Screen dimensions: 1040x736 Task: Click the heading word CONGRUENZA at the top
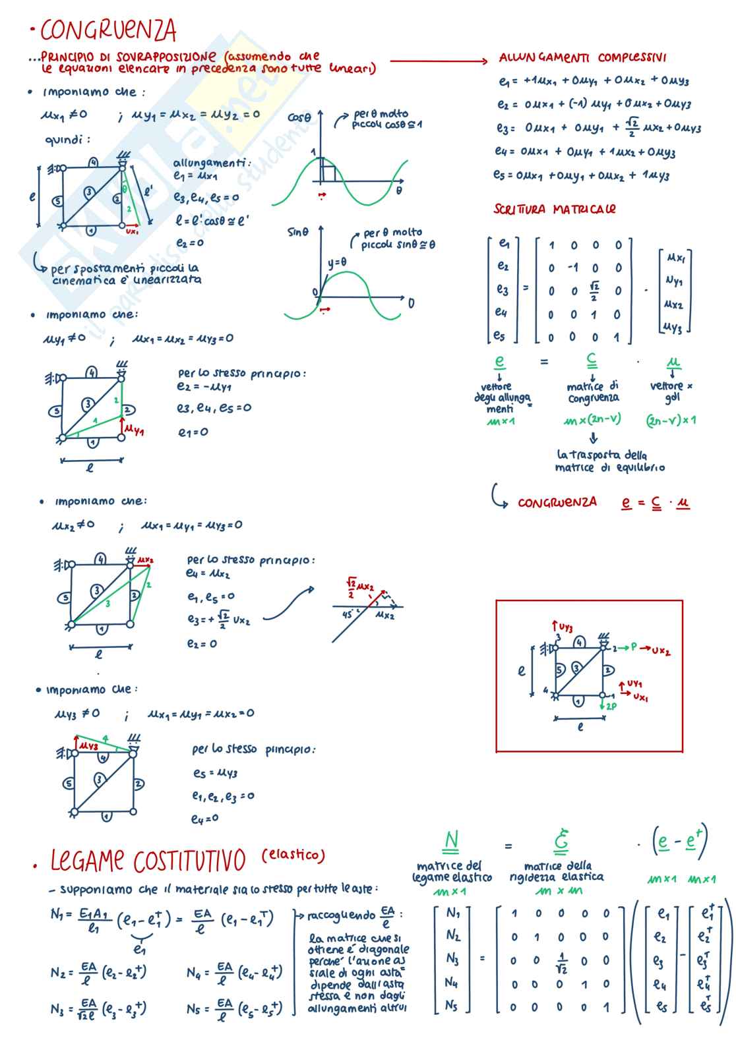(x=109, y=30)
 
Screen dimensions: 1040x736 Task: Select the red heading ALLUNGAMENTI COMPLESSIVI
(x=582, y=58)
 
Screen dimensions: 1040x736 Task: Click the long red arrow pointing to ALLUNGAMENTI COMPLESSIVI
(x=439, y=61)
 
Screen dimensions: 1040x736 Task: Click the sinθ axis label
(x=298, y=232)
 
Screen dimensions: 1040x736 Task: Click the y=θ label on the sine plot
(x=337, y=262)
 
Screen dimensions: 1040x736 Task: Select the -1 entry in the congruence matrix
(x=572, y=268)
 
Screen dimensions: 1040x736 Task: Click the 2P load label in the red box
(x=611, y=706)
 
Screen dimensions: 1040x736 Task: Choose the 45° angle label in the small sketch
(x=348, y=614)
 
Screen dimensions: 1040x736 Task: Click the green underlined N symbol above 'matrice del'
(x=451, y=841)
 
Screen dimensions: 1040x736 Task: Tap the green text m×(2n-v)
(x=592, y=419)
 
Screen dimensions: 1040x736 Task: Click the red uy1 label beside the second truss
(x=134, y=430)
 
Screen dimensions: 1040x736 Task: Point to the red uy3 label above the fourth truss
(x=88, y=745)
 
